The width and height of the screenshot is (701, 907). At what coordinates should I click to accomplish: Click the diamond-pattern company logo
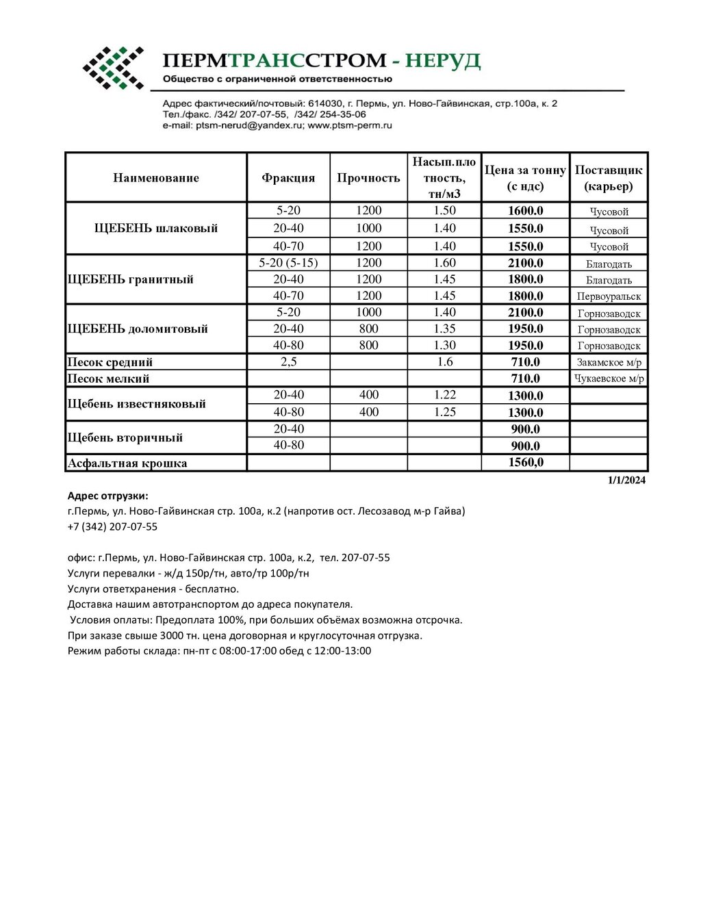(x=114, y=68)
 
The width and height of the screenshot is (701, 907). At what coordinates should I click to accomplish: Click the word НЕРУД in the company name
(x=442, y=61)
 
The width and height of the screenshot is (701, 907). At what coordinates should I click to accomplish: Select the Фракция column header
(x=288, y=178)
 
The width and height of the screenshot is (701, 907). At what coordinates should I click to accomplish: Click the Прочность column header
(x=368, y=178)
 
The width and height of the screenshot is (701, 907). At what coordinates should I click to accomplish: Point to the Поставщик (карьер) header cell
(x=609, y=178)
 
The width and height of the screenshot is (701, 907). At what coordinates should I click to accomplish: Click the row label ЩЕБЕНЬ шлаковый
(x=156, y=229)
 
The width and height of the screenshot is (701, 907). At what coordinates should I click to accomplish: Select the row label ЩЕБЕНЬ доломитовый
(x=138, y=329)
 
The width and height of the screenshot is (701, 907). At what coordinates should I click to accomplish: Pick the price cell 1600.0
(x=525, y=211)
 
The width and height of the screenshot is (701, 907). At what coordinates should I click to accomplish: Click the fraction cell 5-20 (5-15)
(x=288, y=263)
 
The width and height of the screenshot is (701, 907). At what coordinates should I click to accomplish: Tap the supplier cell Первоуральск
(x=609, y=296)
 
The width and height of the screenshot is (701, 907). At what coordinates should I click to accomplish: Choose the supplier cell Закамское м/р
(x=609, y=362)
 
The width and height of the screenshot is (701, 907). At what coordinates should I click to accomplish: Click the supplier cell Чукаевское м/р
(x=609, y=379)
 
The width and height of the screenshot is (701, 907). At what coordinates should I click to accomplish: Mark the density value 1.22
(x=444, y=395)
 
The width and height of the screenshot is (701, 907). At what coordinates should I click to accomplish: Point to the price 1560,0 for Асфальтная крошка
(x=525, y=463)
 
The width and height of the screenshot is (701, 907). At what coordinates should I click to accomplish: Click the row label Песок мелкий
(x=108, y=379)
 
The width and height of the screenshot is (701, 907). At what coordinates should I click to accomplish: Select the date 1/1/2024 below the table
(x=626, y=480)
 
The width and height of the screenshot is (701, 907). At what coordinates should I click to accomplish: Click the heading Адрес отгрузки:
(x=107, y=496)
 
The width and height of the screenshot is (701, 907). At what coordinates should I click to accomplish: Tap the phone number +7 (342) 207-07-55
(x=112, y=527)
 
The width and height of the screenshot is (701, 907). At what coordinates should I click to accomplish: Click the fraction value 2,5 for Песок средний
(x=288, y=362)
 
